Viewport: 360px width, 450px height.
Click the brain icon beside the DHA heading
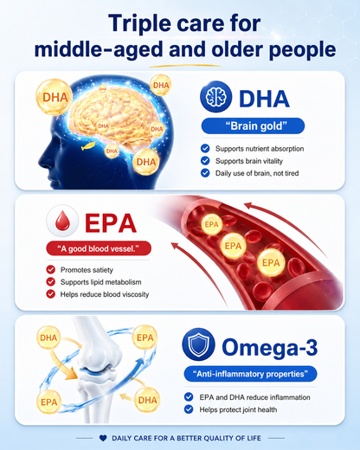(215, 97)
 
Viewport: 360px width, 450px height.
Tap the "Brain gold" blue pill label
(253, 126)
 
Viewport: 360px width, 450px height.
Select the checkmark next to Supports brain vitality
(205, 161)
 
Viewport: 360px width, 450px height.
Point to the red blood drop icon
(62, 221)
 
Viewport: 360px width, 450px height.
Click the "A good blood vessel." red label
(99, 248)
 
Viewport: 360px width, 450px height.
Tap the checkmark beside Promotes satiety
(51, 270)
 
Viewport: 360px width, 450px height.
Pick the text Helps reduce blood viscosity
(105, 294)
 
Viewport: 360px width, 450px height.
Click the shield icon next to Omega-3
(198, 344)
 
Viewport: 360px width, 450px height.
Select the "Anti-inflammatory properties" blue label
(250, 374)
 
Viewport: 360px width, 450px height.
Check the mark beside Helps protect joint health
(189, 409)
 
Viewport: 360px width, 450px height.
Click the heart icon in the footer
(103, 438)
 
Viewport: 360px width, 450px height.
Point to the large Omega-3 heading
(270, 347)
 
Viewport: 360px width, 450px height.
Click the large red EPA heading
(111, 222)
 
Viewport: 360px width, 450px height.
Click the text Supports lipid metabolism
(100, 282)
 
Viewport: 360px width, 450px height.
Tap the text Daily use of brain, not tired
(257, 173)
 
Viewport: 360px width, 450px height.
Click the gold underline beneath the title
(185, 66)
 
